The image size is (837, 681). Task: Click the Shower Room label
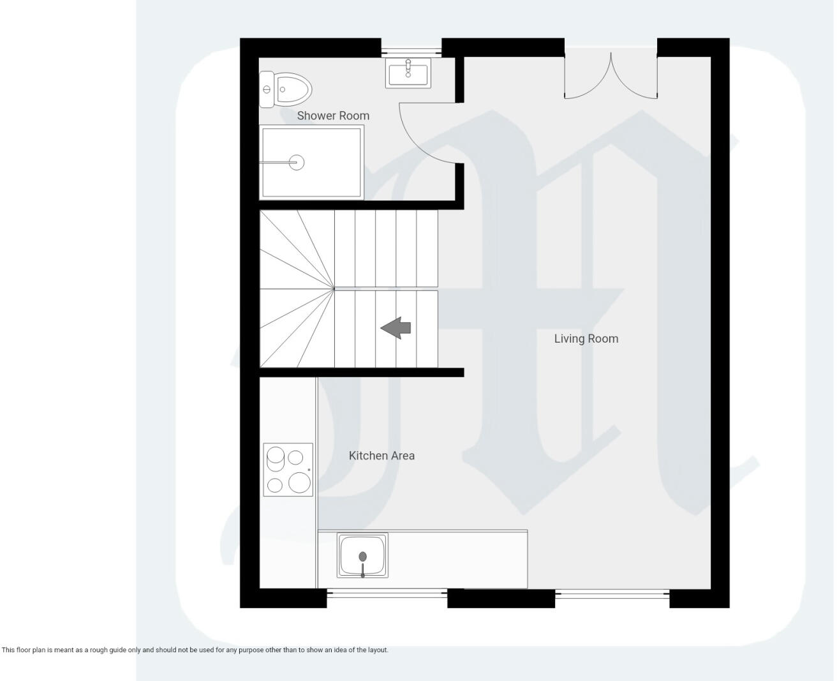pos(333,116)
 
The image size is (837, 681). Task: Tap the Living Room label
pos(586,338)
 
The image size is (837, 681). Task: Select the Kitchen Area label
pos(381,455)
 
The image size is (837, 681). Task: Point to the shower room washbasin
pos(408,72)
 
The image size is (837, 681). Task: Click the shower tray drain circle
pos(295,162)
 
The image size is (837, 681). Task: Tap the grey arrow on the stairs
pos(396,328)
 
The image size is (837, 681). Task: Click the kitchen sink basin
pos(362,555)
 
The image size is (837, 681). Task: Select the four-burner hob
pos(288,470)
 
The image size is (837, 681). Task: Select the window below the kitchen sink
pos(387,594)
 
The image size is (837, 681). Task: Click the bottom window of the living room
pos(612,594)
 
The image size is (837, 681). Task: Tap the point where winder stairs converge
pos(334,289)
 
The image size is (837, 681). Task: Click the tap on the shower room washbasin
pos(408,66)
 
